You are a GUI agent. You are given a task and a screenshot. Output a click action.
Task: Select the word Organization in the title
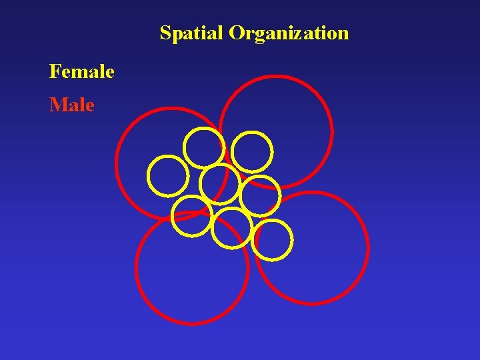point(289,33)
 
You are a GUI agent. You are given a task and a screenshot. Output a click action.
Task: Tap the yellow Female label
point(81,71)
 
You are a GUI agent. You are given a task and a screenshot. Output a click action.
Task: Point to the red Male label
point(72,105)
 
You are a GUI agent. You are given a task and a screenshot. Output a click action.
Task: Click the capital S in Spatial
point(165,33)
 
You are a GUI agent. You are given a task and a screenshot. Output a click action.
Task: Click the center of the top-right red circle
point(276,132)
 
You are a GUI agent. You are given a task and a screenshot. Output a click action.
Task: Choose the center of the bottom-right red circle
point(311,248)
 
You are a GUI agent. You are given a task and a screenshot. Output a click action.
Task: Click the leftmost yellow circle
point(168,175)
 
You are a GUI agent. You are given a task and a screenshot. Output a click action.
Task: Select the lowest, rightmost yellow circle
point(273,239)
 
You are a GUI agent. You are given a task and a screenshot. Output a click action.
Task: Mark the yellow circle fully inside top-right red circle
point(252,153)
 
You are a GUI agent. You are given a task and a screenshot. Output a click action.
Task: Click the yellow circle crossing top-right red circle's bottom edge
point(259,196)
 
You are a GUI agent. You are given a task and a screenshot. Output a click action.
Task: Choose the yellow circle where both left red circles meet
point(192,216)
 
